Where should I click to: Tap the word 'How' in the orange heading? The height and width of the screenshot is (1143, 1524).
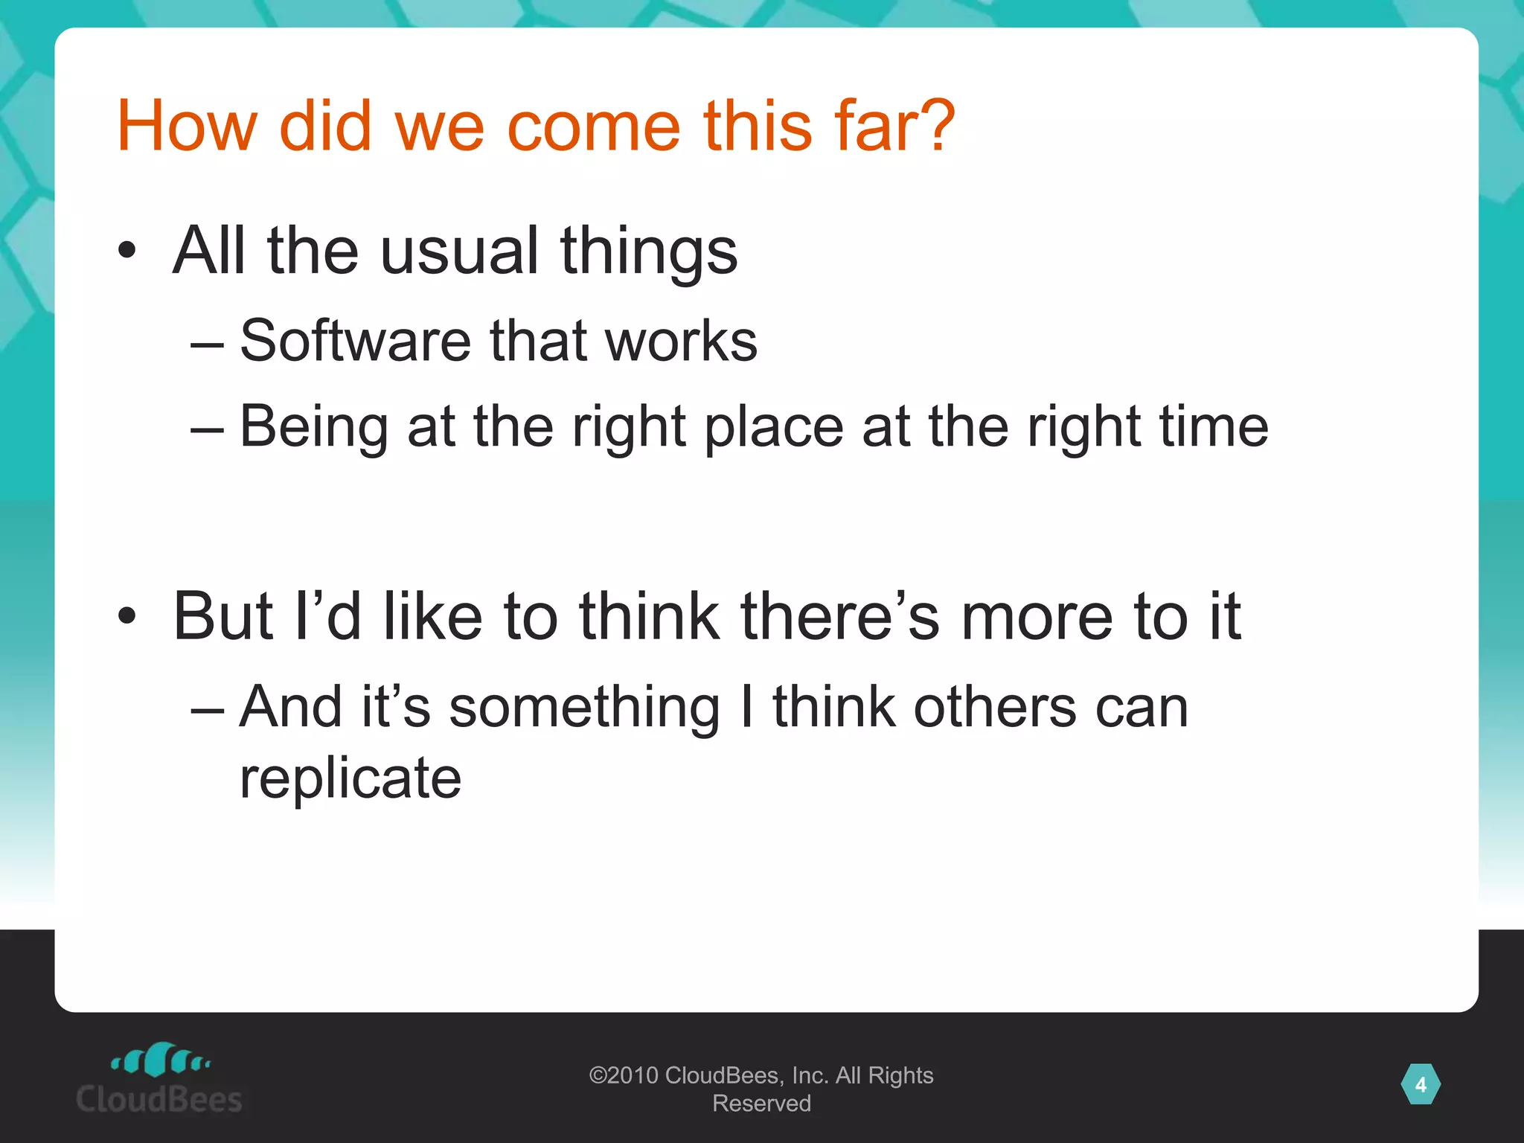click(186, 127)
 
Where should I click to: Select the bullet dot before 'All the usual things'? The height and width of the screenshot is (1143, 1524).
click(127, 251)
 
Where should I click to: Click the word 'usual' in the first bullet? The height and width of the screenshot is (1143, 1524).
click(459, 251)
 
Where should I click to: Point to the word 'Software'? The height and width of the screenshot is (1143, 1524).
click(354, 341)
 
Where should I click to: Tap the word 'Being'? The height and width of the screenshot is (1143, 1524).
click(313, 426)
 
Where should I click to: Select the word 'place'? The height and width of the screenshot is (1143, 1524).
click(774, 426)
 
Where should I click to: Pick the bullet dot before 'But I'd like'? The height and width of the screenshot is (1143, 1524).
click(127, 616)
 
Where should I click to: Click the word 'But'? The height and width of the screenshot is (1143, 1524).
click(222, 616)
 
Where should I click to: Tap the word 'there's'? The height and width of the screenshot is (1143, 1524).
click(840, 616)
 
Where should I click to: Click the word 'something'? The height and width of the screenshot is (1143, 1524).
click(584, 706)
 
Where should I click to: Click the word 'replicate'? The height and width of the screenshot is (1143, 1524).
click(350, 778)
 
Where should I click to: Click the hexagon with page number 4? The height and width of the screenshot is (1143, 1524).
click(1421, 1085)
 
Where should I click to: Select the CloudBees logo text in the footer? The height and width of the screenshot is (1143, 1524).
click(159, 1099)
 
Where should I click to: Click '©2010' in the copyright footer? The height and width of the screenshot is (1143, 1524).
click(624, 1075)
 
